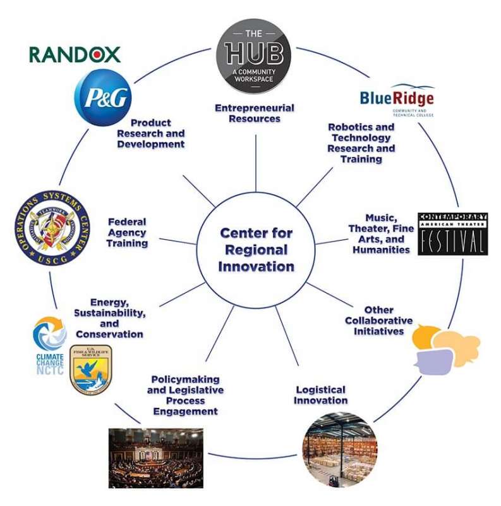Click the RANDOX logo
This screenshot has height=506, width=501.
[75, 54]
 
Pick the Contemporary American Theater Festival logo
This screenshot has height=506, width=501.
[453, 234]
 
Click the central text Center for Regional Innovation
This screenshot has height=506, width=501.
[256, 250]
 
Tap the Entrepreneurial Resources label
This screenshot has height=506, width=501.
[255, 113]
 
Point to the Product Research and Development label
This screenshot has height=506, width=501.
[150, 133]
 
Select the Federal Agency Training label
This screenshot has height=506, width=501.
[127, 232]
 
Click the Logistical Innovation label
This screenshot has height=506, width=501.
[321, 395]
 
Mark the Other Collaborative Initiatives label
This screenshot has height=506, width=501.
[378, 321]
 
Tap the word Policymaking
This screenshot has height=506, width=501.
[185, 379]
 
